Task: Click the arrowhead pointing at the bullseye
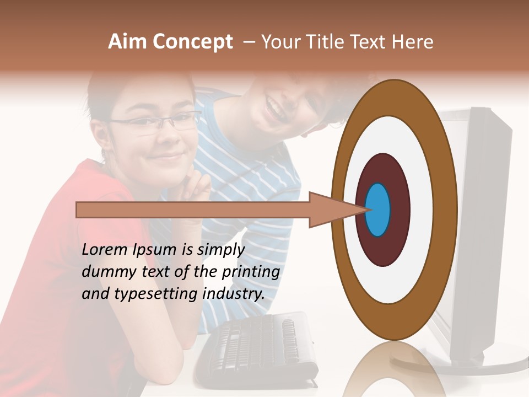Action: point(331,210)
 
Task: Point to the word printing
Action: point(250,272)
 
